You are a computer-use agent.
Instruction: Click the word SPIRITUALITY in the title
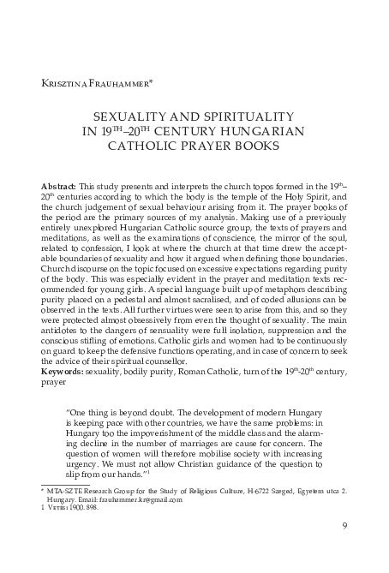point(244,115)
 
